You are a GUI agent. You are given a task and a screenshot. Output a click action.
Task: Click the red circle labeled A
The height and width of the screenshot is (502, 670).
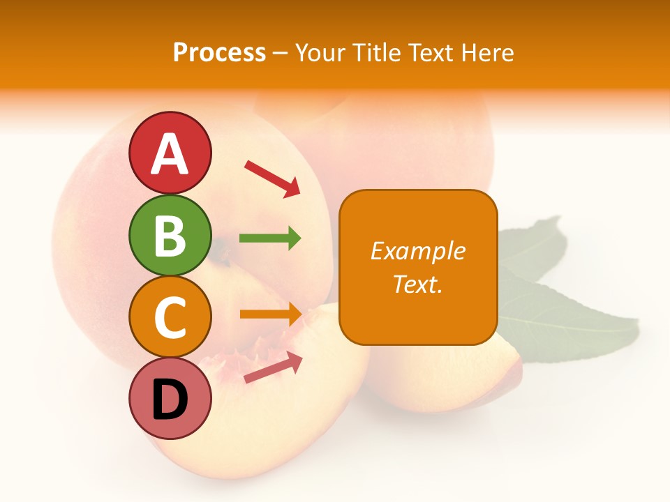pyautogui.click(x=170, y=153)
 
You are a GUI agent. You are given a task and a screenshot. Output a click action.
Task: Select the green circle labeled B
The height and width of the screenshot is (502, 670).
pyautogui.click(x=170, y=235)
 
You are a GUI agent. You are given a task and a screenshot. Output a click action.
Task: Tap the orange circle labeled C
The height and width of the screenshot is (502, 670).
pyautogui.click(x=170, y=317)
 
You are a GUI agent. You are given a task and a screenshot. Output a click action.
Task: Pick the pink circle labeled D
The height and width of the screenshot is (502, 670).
pyautogui.click(x=170, y=398)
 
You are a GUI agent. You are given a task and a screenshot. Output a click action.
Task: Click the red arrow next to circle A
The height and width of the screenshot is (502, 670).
pyautogui.click(x=272, y=178)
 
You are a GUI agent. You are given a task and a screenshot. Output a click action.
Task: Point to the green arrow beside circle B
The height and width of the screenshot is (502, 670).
pyautogui.click(x=270, y=238)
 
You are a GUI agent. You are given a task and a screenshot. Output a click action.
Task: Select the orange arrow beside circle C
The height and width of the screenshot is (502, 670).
pyautogui.click(x=270, y=314)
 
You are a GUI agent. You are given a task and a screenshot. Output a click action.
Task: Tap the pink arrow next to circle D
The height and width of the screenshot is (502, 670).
pyautogui.click(x=273, y=367)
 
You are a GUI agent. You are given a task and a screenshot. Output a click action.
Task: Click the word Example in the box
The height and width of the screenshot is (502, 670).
pyautogui.click(x=418, y=251)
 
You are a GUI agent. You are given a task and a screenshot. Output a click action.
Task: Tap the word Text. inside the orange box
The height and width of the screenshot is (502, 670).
pyautogui.click(x=417, y=284)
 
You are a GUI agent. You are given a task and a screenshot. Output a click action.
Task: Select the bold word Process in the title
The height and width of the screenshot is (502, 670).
pyautogui.click(x=219, y=52)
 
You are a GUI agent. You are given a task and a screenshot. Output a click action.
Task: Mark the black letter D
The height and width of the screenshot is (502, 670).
pyautogui.click(x=170, y=400)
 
